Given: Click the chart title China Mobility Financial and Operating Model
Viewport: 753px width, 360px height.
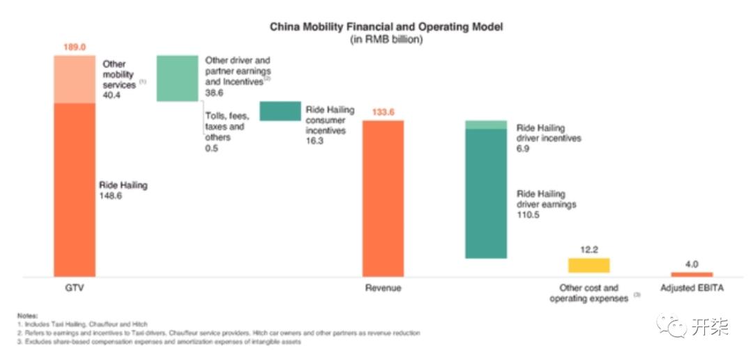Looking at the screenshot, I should click(386, 27).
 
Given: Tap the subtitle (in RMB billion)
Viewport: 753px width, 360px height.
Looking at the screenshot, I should click(386, 39).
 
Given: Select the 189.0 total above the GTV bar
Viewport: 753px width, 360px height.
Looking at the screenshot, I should click(74, 47).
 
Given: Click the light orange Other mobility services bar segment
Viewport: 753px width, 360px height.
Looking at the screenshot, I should click(75, 79).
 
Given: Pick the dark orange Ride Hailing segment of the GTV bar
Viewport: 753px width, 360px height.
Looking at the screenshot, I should click(75, 188).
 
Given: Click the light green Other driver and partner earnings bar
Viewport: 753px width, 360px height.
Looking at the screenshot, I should click(177, 78).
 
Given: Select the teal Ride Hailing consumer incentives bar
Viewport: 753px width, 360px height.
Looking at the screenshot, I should click(280, 111).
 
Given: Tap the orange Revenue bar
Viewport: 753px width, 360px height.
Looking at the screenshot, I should click(383, 199).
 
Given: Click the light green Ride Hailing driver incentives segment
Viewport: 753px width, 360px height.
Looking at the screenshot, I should click(486, 125).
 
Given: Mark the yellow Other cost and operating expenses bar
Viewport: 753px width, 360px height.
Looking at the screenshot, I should click(588, 265).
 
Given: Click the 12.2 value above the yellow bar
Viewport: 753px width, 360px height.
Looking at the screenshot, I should click(588, 249).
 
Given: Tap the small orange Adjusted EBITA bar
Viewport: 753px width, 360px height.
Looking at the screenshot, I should click(692, 274).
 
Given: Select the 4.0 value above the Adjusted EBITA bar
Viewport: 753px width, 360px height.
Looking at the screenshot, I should click(692, 264).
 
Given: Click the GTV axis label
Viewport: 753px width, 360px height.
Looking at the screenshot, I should click(74, 288).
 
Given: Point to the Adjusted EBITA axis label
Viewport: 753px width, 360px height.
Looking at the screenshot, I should click(692, 288).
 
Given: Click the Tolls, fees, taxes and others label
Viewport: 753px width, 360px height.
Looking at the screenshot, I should click(227, 127).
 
